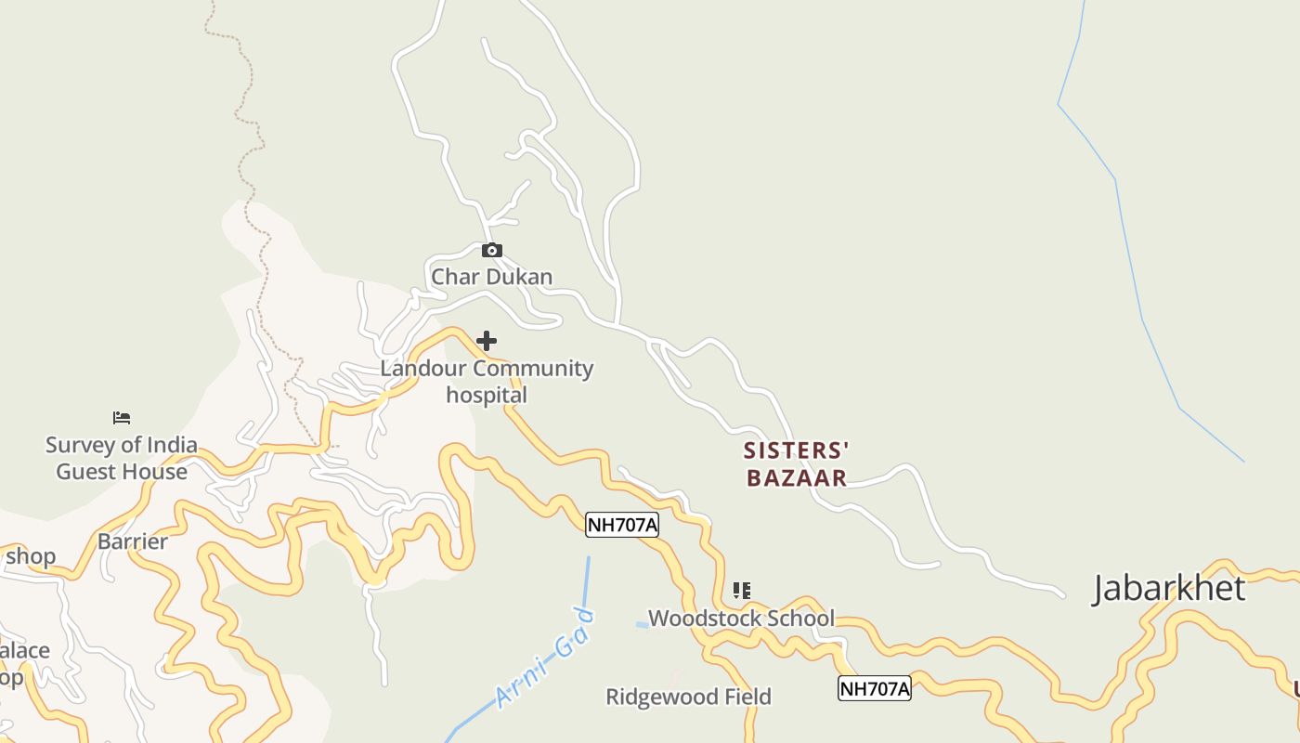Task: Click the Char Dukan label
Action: (x=491, y=277)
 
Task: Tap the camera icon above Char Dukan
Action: (x=492, y=250)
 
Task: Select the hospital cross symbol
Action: (x=487, y=341)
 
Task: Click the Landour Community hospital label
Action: (x=487, y=381)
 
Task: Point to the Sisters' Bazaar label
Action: (x=796, y=464)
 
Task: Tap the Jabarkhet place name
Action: (x=1168, y=589)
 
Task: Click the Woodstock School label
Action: (x=741, y=618)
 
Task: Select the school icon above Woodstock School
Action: (x=741, y=590)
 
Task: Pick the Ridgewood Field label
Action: (x=688, y=697)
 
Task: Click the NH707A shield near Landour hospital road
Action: (x=622, y=525)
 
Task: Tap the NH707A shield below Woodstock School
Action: (x=874, y=688)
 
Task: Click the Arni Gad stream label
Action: (x=545, y=656)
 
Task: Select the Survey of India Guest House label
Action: (x=122, y=458)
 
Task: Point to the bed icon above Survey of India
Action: (x=122, y=418)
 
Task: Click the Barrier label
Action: (x=133, y=541)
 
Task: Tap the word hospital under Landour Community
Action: (x=487, y=395)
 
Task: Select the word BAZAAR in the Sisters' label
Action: (x=797, y=478)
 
